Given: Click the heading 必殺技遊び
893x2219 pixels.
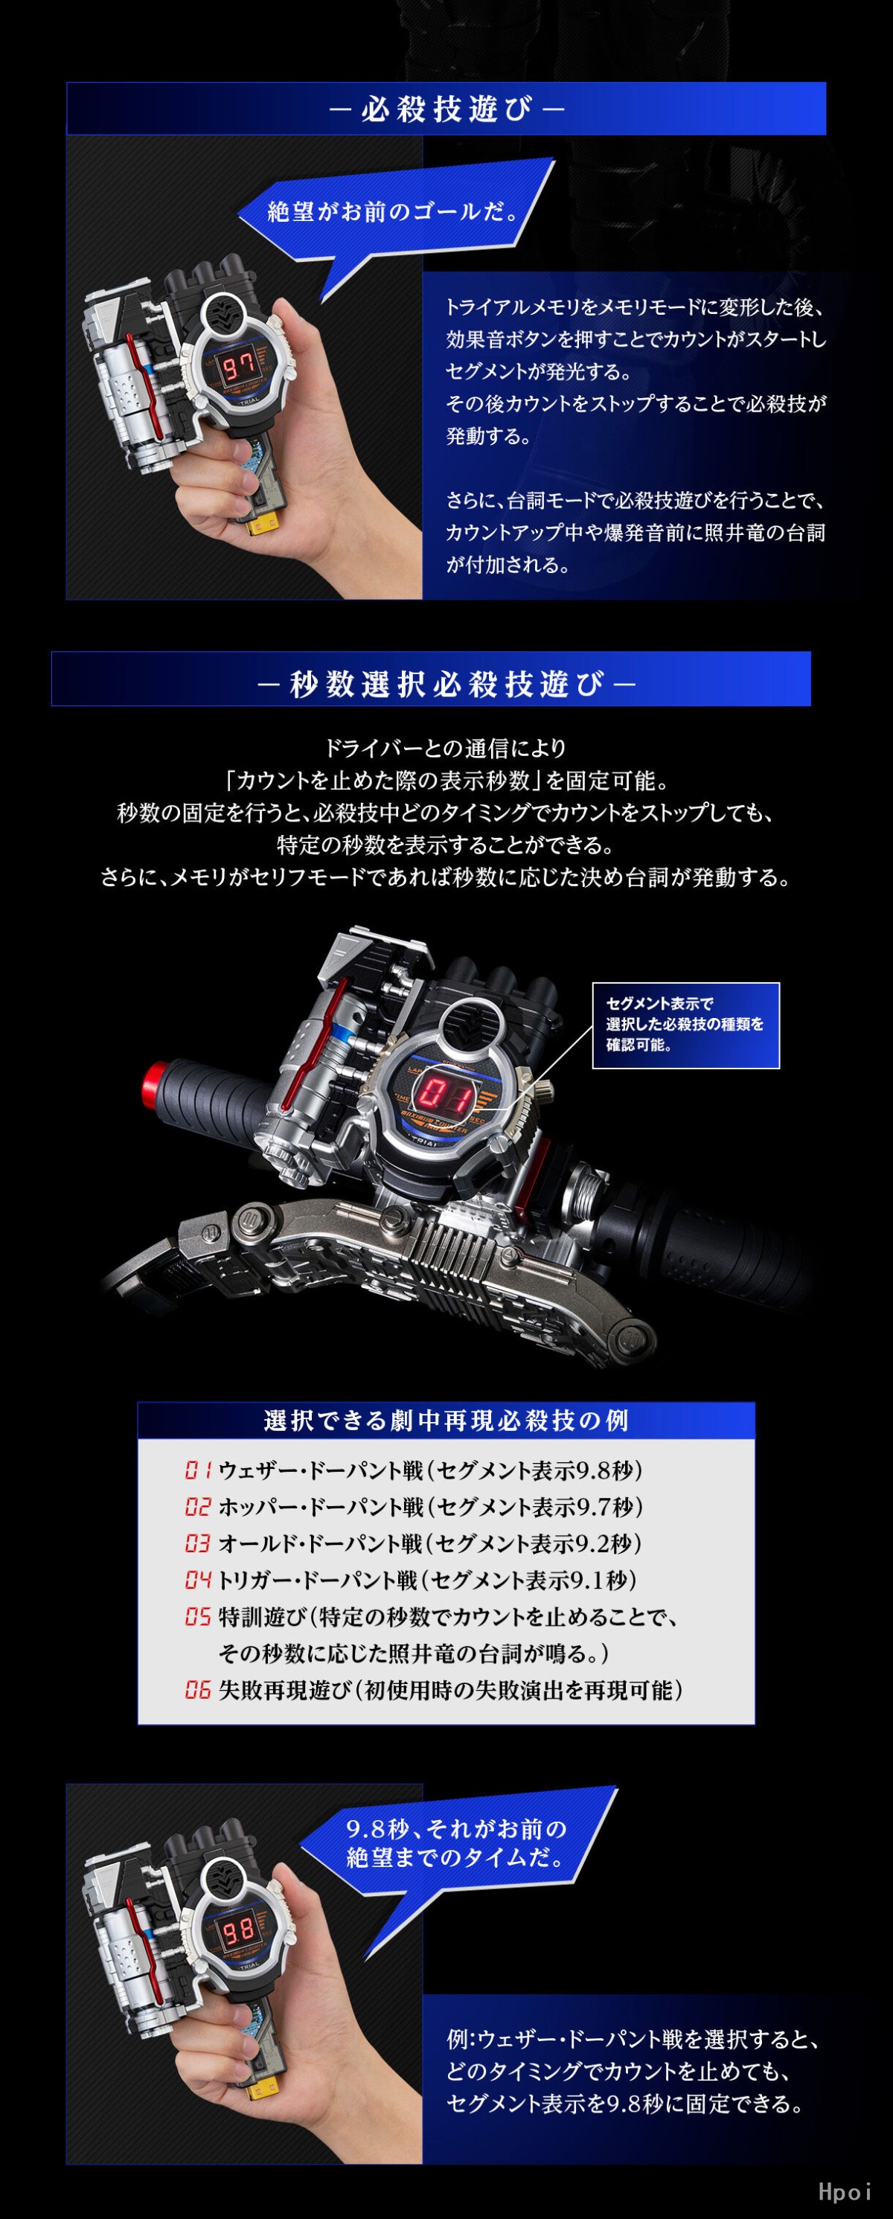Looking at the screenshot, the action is click(446, 109).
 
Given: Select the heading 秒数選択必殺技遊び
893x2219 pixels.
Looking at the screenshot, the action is click(446, 684).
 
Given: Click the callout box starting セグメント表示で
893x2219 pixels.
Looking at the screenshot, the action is click(685, 1025).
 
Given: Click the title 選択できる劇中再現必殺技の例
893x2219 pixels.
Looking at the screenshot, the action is click(446, 1421).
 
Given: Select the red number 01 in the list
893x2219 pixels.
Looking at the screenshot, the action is click(197, 1470).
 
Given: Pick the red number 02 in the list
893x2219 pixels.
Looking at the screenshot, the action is click(197, 1507).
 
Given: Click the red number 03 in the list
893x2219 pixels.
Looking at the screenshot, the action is click(197, 1543).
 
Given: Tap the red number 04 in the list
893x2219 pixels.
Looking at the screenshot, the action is click(197, 1580).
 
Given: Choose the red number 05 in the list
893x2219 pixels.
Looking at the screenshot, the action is click(197, 1617).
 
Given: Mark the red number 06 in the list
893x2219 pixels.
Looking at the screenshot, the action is click(197, 1690).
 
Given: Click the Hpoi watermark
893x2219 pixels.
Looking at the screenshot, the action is click(845, 2191).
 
